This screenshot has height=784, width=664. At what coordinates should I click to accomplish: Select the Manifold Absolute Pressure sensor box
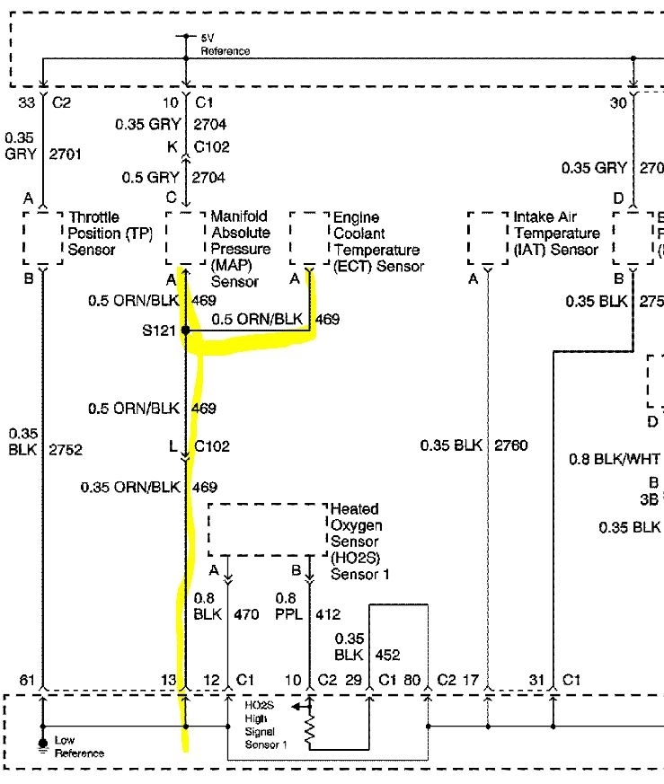[185, 238]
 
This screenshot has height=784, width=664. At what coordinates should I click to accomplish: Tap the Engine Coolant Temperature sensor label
[377, 242]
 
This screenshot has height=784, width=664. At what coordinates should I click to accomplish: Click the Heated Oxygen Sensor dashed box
[267, 530]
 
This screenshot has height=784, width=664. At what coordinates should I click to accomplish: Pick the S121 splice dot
[186, 330]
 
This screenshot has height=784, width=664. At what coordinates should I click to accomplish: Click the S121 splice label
[158, 330]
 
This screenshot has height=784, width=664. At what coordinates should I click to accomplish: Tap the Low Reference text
[79, 745]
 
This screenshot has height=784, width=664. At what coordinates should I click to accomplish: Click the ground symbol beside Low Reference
[41, 744]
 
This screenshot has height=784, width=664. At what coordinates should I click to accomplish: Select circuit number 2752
[66, 449]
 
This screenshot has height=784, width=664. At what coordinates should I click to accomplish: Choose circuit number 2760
[511, 445]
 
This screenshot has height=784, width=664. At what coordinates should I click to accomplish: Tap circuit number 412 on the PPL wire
[330, 615]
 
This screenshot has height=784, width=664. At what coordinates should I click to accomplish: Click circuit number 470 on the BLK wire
[246, 615]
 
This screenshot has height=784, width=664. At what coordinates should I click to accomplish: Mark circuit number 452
[388, 654]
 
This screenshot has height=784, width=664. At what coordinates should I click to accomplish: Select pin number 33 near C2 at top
[26, 103]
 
